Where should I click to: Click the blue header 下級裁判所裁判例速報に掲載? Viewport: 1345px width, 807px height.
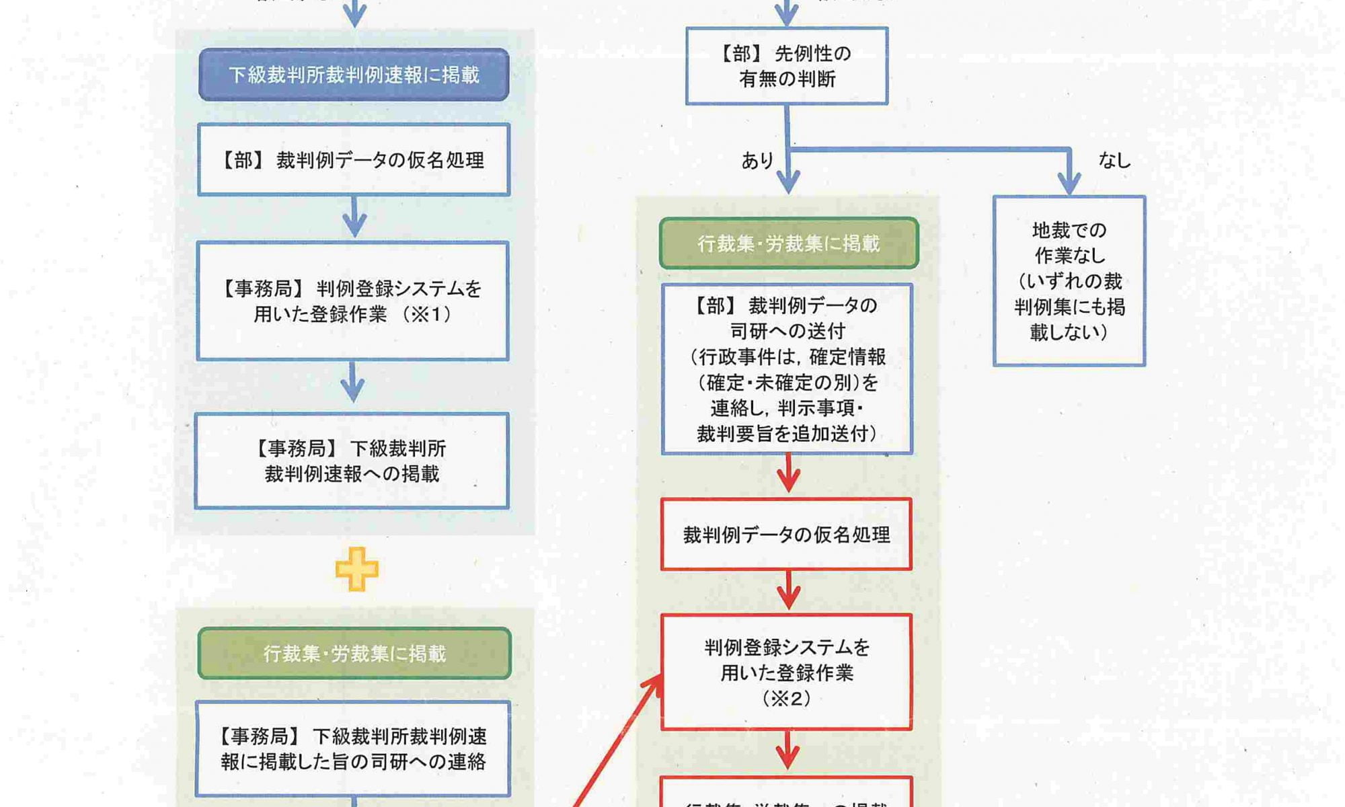click(x=354, y=75)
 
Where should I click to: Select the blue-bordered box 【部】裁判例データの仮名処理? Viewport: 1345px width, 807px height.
click(x=354, y=159)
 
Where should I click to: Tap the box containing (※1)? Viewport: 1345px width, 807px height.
click(x=353, y=301)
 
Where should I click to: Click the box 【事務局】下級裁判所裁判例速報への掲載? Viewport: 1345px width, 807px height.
click(x=352, y=461)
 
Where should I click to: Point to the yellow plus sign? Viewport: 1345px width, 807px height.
click(x=356, y=569)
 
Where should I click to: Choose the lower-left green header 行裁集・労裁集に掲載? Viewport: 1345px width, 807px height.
click(x=354, y=653)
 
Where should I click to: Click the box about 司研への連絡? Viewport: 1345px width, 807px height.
click(x=353, y=748)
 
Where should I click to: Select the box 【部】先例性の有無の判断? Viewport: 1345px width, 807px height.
click(x=787, y=66)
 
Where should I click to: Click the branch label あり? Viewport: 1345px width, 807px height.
click(x=757, y=161)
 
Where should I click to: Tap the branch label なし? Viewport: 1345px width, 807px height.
click(x=1114, y=160)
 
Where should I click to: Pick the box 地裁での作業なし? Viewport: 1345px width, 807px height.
click(x=1069, y=280)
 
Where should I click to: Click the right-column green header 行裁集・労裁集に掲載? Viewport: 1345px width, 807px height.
click(x=789, y=243)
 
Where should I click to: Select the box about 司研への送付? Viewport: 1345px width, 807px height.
click(x=787, y=369)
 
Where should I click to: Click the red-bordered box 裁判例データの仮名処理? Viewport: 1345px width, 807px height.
click(x=786, y=535)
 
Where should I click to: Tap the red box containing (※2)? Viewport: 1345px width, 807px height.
click(x=786, y=672)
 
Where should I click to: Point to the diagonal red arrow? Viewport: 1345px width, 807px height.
click(x=615, y=740)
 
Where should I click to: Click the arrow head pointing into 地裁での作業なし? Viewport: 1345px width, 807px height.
click(x=1069, y=184)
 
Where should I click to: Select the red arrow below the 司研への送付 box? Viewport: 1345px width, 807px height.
click(x=788, y=475)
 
